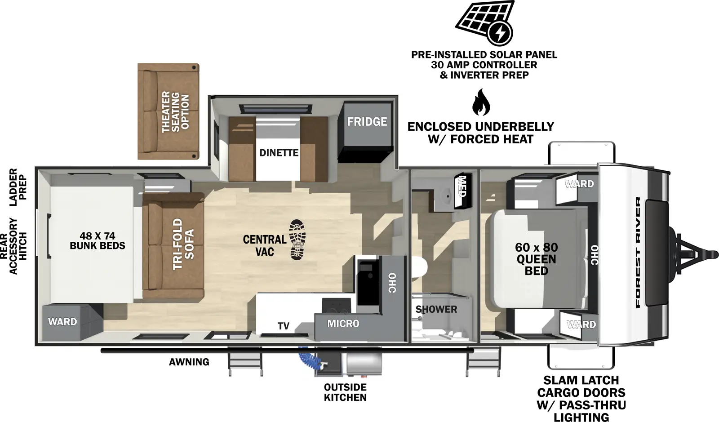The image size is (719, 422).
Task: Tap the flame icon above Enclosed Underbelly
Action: (x=480, y=102)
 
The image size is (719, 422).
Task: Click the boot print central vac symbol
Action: (x=297, y=240)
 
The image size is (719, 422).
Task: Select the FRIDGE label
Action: (x=367, y=122)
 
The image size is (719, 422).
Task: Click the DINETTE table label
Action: (x=279, y=153)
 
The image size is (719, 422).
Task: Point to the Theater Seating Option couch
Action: (x=168, y=111)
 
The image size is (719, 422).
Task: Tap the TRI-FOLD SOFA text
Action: (x=183, y=244)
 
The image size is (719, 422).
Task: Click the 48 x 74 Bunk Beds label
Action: (x=97, y=241)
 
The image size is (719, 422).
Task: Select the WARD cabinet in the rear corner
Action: (x=62, y=322)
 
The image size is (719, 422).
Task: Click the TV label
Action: (x=283, y=326)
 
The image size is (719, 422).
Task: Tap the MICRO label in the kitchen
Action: (x=343, y=324)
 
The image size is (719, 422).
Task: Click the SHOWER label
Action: (x=436, y=309)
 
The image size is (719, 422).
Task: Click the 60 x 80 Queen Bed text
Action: (x=536, y=259)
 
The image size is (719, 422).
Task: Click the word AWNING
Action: (x=189, y=362)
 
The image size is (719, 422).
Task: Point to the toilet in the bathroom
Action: (x=418, y=267)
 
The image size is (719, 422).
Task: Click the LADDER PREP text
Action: (x=18, y=187)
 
